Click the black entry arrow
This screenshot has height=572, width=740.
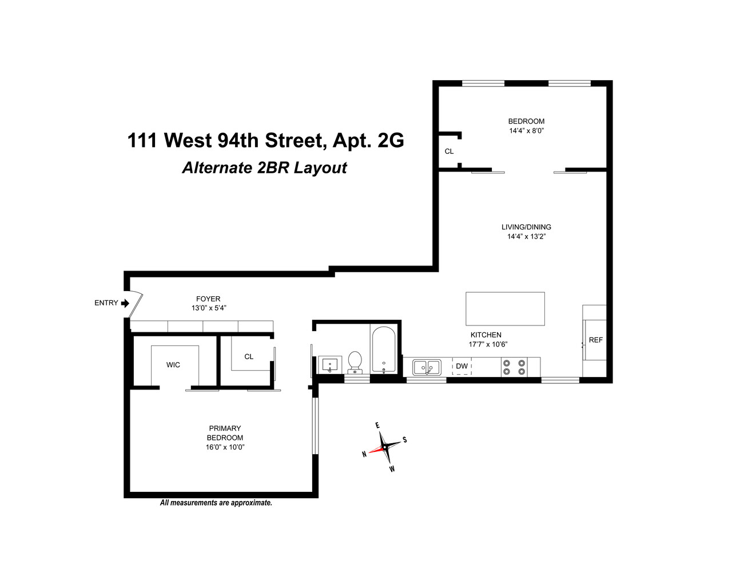pyautogui.click(x=125, y=303)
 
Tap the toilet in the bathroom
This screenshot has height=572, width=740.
pyautogui.click(x=355, y=362)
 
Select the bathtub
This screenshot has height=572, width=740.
pyautogui.click(x=383, y=349)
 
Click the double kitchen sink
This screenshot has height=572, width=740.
pyautogui.click(x=427, y=367)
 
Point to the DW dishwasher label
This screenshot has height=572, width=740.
pyautogui.click(x=461, y=366)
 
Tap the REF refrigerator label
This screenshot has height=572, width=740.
pyautogui.click(x=595, y=340)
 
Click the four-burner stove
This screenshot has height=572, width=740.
pyautogui.click(x=514, y=367)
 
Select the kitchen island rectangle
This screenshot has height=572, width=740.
pyautogui.click(x=505, y=308)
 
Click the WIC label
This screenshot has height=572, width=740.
pyautogui.click(x=173, y=365)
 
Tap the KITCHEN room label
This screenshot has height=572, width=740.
pyautogui.click(x=486, y=335)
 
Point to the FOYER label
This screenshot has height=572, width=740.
pyautogui.click(x=208, y=299)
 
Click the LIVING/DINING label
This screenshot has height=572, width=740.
pyautogui.click(x=526, y=227)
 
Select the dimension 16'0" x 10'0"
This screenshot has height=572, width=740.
pyautogui.click(x=225, y=447)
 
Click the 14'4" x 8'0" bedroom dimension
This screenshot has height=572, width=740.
pyautogui.click(x=526, y=130)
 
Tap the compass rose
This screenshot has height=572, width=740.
pyautogui.click(x=385, y=447)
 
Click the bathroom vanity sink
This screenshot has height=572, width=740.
pyautogui.click(x=329, y=364)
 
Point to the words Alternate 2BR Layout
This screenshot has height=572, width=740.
pyautogui.click(x=264, y=168)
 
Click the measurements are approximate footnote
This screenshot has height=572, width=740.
pyautogui.click(x=216, y=503)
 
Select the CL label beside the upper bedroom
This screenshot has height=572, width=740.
pyautogui.click(x=449, y=152)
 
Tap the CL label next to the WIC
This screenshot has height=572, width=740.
pyautogui.click(x=248, y=356)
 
